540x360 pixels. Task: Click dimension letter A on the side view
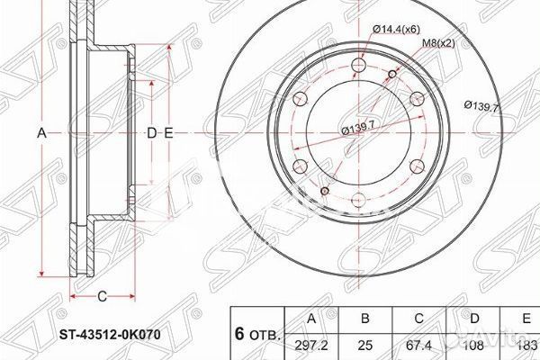click(x=40, y=133)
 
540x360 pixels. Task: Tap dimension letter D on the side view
click(x=151, y=133)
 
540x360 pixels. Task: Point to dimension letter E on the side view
click(x=168, y=133)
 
